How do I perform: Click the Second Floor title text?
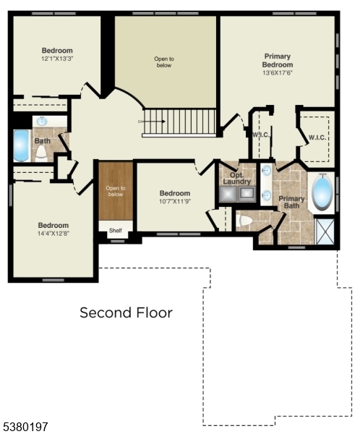pyautogui.click(x=126, y=312)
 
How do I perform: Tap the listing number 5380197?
pyautogui.click(x=25, y=427)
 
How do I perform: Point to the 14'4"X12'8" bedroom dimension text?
pyautogui.click(x=53, y=234)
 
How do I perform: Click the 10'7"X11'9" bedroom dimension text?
pyautogui.click(x=175, y=203)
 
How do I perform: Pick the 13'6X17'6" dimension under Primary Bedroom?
pyautogui.click(x=278, y=73)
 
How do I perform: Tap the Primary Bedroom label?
pyautogui.click(x=278, y=60)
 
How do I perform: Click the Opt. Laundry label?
pyautogui.click(x=237, y=177)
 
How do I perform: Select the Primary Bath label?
pyautogui.click(x=291, y=203)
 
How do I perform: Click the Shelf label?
pyautogui.click(x=116, y=231)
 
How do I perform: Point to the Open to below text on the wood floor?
pyautogui.click(x=116, y=191)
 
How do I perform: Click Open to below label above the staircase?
pyautogui.click(x=164, y=61)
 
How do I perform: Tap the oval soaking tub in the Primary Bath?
pyautogui.click(x=322, y=192)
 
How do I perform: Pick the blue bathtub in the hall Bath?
pyautogui.click(x=22, y=145)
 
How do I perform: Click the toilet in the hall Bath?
pyautogui.click(x=41, y=152)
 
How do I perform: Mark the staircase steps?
pyautogui.click(x=180, y=122)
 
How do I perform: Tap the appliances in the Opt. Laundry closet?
pyautogui.click(x=237, y=193)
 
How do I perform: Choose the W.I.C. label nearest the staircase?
pyautogui.click(x=260, y=135)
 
